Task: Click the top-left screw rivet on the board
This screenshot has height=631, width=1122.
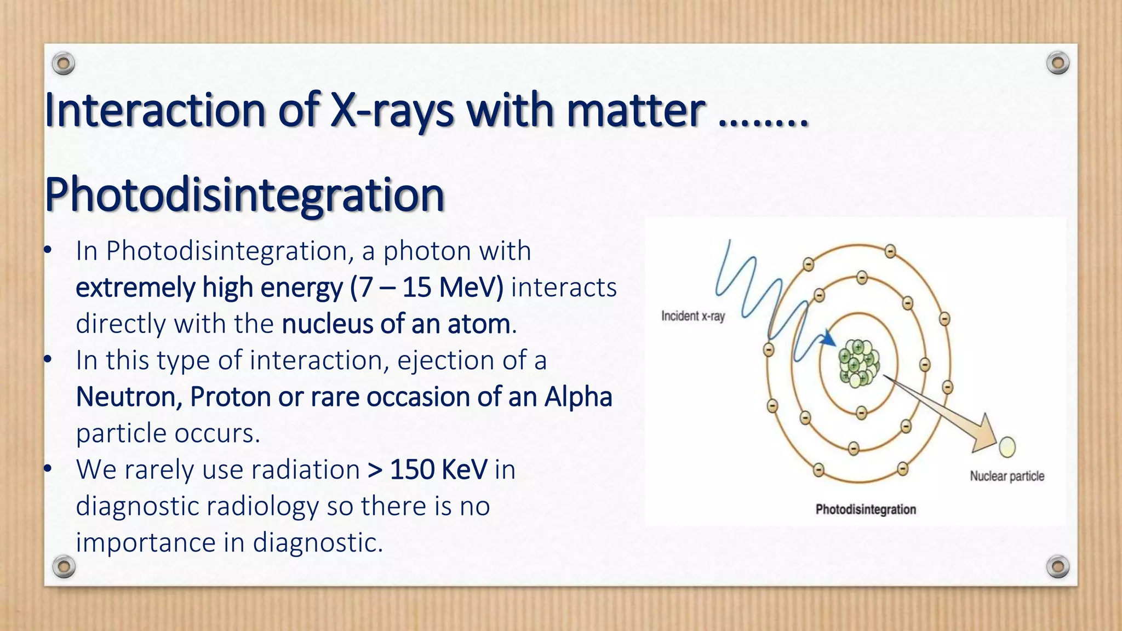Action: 64,64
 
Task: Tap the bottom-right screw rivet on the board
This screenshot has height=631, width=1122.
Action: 1057,566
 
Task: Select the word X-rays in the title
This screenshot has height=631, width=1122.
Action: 392,111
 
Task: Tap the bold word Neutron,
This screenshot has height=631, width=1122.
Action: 129,397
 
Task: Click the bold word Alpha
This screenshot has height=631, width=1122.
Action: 578,397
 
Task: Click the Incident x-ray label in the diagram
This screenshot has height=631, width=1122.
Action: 692,316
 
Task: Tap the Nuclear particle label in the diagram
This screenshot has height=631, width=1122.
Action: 1006,476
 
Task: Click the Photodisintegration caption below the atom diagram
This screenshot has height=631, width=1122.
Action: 865,509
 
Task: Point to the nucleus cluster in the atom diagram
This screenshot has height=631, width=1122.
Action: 858,363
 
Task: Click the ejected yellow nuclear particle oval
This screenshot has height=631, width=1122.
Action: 1007,447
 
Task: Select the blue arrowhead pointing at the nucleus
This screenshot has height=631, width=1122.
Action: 828,340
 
